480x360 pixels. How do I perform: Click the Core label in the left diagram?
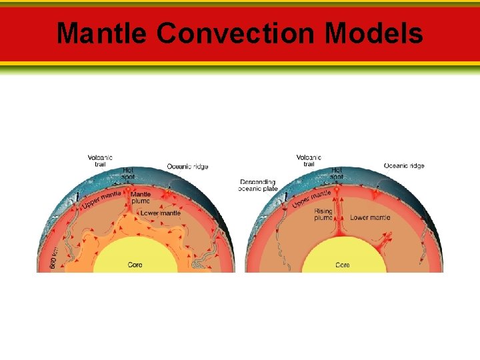(135, 265)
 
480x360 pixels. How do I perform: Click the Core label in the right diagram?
(342, 265)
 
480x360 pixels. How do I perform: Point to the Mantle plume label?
(141, 197)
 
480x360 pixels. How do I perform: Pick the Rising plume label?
(323, 214)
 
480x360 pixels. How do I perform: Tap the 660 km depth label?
(54, 257)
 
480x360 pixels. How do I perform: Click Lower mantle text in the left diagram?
(160, 213)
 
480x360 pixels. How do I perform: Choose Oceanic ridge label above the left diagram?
(187, 166)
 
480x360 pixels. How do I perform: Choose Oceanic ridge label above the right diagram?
(404, 165)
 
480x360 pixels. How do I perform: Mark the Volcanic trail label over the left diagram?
(100, 161)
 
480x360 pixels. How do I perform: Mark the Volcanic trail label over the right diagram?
(309, 161)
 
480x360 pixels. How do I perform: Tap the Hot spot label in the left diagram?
(129, 173)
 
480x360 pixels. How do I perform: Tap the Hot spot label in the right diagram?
(337, 173)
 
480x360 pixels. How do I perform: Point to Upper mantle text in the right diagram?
(311, 198)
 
